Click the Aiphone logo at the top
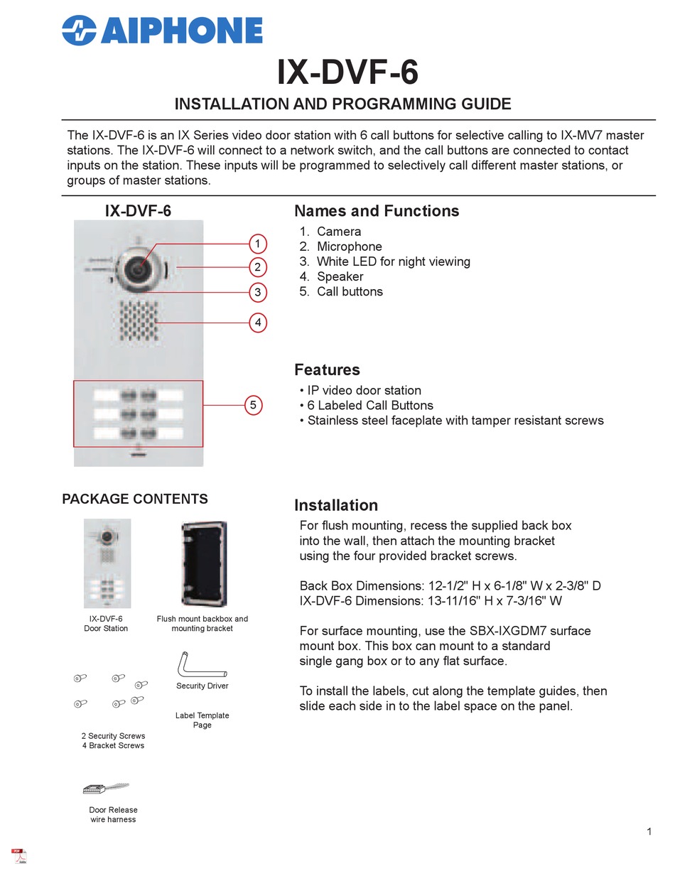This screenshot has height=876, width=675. coord(162,31)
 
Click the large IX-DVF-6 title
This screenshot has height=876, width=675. coord(347,72)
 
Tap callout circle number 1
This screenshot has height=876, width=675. coord(258,244)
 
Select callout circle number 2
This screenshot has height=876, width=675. coord(258,267)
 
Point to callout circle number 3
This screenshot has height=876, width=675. coord(258,291)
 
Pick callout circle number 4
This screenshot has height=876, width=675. coord(258,323)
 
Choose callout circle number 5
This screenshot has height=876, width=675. coord(253,405)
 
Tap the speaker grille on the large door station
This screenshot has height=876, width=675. coord(138,321)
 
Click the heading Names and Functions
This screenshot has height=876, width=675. coord(377,211)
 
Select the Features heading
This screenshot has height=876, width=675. coord(327,369)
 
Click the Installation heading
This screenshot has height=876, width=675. coord(336,505)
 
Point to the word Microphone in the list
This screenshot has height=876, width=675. coord(350,247)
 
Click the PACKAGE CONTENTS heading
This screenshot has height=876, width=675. coord(135,499)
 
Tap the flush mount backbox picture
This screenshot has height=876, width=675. coord(203,563)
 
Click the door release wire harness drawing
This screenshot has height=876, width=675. coord(106,788)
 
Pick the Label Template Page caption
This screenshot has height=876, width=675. coord(202,720)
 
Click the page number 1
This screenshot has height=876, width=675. coord(649,831)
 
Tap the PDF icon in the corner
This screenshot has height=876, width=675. coord(19,855)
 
